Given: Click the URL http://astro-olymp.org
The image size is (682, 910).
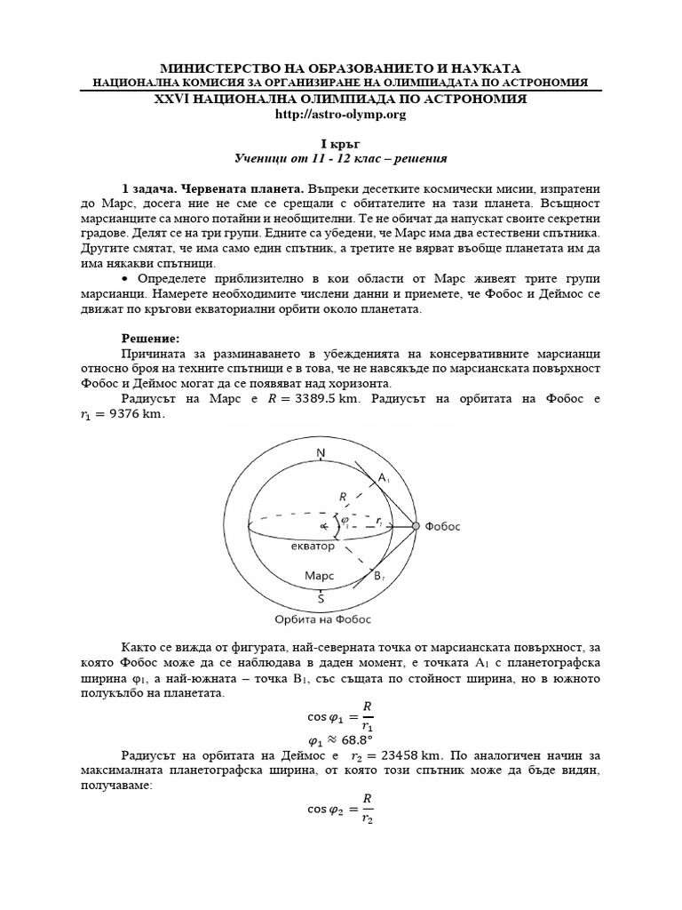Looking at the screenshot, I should [340, 114].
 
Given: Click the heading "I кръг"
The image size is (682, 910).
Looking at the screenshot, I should [340, 143].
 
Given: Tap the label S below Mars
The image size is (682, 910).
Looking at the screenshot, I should [321, 598].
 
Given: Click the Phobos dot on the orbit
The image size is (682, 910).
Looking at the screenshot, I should [416, 527].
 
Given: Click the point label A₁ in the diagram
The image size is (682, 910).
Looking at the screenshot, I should [384, 479].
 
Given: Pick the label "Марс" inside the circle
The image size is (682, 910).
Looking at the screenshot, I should [319, 577].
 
